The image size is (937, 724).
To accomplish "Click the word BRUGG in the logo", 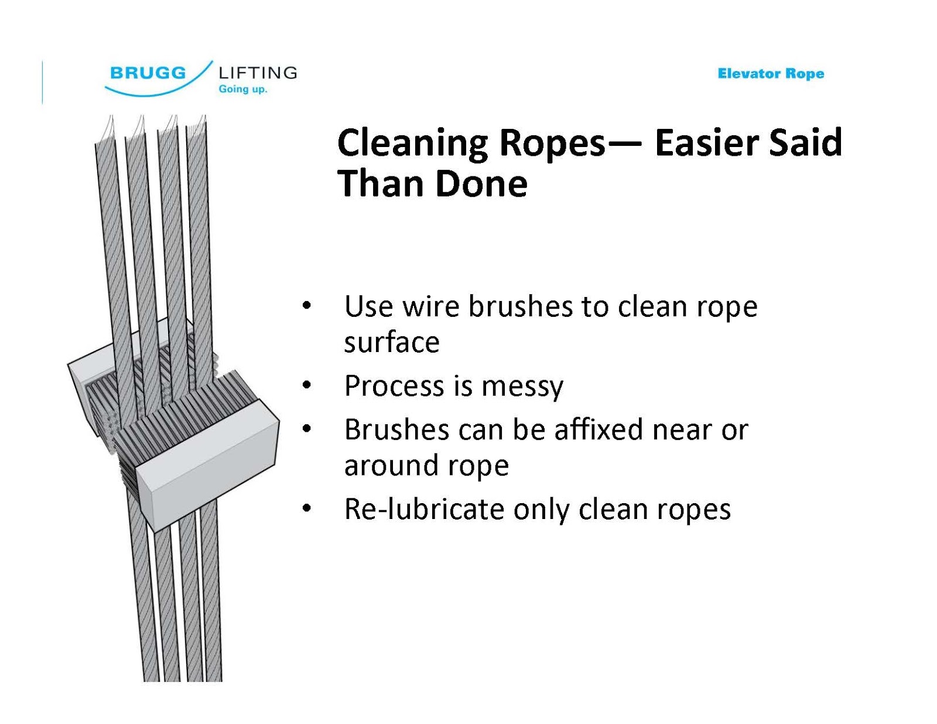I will pyautogui.click(x=148, y=73).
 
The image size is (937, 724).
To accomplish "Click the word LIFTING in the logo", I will pyautogui.click(x=258, y=73).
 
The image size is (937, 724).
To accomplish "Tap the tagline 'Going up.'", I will pyautogui.click(x=242, y=89).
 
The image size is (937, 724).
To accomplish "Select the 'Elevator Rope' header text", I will pyautogui.click(x=771, y=74).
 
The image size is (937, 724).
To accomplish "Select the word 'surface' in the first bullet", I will pyautogui.click(x=391, y=342).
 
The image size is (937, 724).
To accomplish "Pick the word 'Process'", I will pyautogui.click(x=394, y=386).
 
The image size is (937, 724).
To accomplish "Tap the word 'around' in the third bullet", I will pyautogui.click(x=389, y=466).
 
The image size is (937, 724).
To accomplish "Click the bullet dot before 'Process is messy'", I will pyautogui.click(x=306, y=385).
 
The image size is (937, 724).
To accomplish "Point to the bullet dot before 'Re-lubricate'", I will pyautogui.click(x=306, y=508).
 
